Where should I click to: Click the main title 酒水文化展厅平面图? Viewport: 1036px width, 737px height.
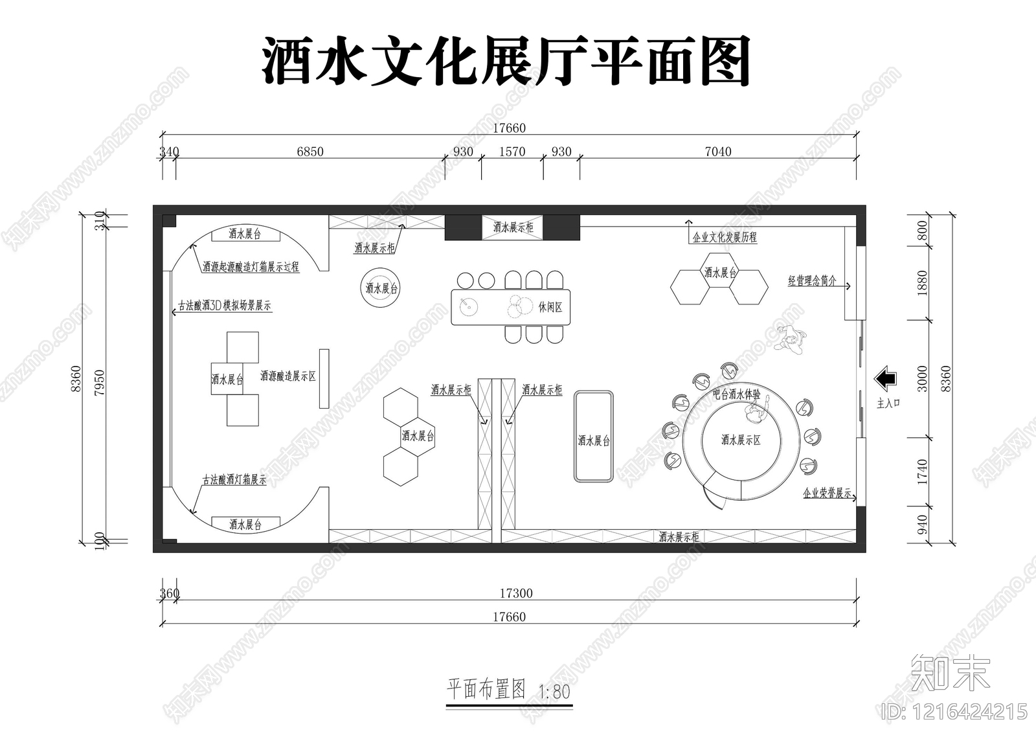506,62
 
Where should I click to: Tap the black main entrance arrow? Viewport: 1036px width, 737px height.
884,379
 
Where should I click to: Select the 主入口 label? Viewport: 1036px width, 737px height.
888,403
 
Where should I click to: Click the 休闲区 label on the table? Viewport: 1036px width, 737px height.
550,307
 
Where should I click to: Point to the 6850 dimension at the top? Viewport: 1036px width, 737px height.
310,152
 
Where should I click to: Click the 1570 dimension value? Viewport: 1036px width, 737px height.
512,152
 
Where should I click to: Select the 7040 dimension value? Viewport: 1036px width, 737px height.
718,152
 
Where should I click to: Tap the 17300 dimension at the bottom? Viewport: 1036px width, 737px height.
516,593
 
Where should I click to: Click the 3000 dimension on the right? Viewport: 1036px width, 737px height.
922,379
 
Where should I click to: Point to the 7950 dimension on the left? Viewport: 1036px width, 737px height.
99,383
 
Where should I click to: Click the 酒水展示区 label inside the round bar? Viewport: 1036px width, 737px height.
741,440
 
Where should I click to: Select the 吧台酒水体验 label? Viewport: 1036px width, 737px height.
736,393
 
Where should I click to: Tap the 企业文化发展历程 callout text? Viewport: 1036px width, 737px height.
725,238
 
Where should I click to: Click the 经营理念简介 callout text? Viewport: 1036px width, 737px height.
812,280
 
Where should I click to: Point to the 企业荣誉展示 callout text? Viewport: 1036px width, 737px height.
827,493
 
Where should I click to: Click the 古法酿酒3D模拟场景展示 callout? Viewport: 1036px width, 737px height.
224,306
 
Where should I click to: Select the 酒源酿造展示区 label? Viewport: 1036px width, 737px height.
287,376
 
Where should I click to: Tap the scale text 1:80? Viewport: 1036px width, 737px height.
554,692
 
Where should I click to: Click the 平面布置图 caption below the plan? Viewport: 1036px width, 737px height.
486,689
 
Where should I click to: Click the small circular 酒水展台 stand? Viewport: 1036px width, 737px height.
381,288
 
